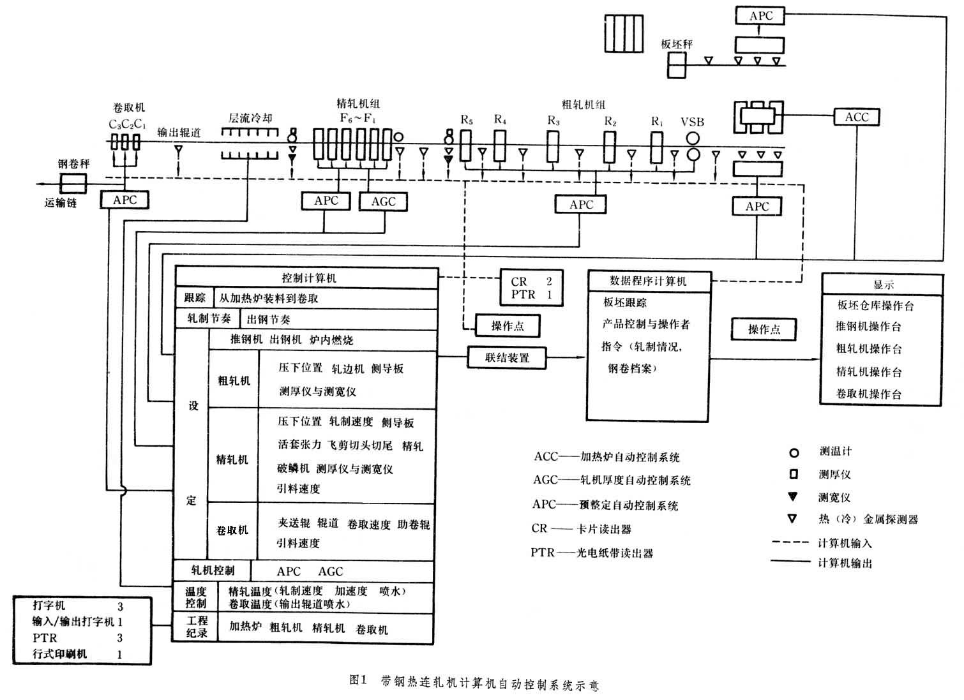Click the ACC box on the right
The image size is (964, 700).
click(x=857, y=117)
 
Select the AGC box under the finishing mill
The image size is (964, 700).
click(x=383, y=202)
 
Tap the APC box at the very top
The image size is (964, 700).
click(x=760, y=15)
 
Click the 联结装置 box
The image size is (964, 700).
click(x=507, y=358)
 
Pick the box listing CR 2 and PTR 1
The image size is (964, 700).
click(x=531, y=288)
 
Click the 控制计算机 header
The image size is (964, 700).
click(x=309, y=278)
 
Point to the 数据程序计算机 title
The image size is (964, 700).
click(x=648, y=281)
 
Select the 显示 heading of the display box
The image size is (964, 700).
click(x=883, y=285)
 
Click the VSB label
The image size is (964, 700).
click(x=692, y=122)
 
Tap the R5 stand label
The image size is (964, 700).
click(x=467, y=119)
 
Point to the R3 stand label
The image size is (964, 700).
click(x=554, y=120)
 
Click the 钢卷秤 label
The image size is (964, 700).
click(x=73, y=164)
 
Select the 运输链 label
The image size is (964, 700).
click(x=61, y=204)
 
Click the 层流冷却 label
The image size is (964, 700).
click(x=250, y=118)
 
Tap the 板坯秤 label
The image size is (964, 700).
click(x=677, y=44)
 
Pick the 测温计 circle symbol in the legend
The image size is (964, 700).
click(x=794, y=453)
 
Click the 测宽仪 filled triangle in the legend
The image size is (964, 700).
click(x=793, y=496)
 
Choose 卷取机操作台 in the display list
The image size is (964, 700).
click(x=869, y=394)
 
